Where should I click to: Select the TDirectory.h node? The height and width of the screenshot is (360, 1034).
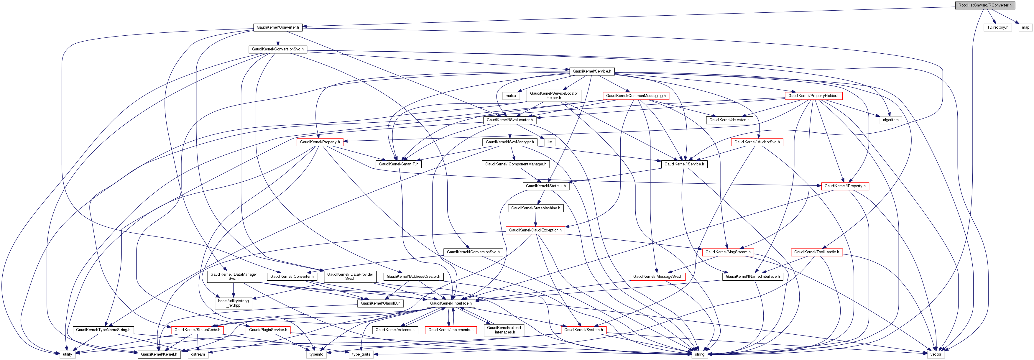click(x=997, y=27)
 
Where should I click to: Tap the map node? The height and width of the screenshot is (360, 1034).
click(x=1025, y=27)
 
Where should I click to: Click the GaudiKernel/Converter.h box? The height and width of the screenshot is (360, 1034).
click(x=278, y=27)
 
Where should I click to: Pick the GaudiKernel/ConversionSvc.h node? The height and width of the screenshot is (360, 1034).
click(x=278, y=49)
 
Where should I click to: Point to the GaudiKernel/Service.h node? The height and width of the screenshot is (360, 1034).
click(x=592, y=71)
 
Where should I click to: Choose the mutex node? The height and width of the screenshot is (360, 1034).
click(x=511, y=96)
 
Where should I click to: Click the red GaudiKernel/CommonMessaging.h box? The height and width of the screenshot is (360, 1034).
click(x=636, y=96)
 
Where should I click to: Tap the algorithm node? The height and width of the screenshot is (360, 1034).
click(x=891, y=120)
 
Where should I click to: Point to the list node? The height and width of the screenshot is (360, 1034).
click(x=550, y=142)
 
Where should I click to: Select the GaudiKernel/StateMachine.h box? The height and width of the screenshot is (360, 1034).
click(x=535, y=208)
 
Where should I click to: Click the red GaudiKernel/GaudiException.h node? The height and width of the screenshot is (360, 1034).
click(x=535, y=230)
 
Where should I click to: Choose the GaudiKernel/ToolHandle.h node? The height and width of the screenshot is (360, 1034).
click(x=816, y=252)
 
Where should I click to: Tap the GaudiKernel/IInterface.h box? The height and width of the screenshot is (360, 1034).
click(x=451, y=303)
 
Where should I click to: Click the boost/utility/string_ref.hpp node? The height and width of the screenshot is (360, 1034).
click(x=233, y=303)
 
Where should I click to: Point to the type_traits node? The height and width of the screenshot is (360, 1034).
click(x=361, y=354)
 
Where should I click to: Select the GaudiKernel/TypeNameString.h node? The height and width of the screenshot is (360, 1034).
click(x=103, y=330)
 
